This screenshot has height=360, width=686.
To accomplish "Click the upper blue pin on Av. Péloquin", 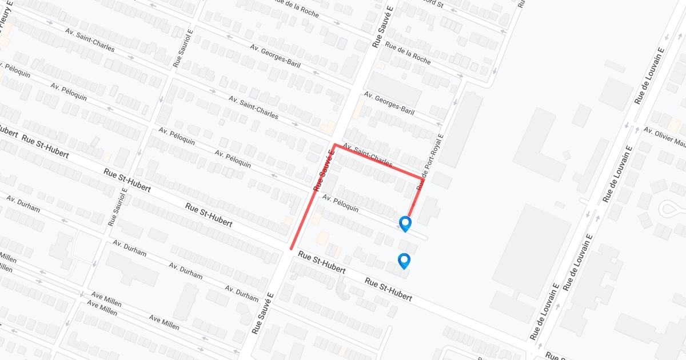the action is pyautogui.click(x=405, y=223).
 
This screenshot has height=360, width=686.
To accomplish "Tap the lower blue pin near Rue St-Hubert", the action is pyautogui.click(x=405, y=261).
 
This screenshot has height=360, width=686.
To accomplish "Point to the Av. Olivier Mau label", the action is pyautogui.click(x=664, y=137).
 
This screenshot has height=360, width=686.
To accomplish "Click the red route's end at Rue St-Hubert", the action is pyautogui.click(x=292, y=249).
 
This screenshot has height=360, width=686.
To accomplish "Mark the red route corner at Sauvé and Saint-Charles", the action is pyautogui.click(x=334, y=145).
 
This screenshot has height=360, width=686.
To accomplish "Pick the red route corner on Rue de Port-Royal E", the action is pyautogui.click(x=421, y=179).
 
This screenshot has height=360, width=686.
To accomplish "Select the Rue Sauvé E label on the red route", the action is pyautogui.click(x=323, y=170).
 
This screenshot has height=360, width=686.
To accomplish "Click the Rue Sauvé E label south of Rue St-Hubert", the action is pyautogui.click(x=263, y=313).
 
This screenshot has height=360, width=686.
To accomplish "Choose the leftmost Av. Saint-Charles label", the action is pyautogui.click(x=90, y=41).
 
